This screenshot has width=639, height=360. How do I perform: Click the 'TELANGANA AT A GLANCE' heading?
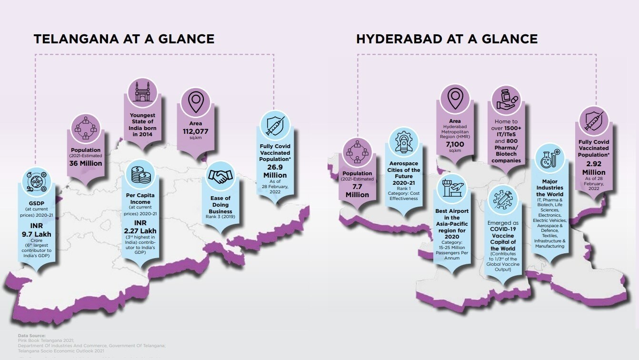(124, 39)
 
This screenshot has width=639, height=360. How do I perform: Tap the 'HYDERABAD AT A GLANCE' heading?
(447, 39)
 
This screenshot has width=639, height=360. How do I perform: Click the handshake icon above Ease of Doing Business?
(220, 177)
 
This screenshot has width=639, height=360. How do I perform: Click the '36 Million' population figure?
(86, 163)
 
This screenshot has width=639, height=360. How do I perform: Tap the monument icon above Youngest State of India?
(143, 90)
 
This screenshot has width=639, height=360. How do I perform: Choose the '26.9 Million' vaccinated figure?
(275, 171)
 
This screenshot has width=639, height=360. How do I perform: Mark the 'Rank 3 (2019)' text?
(220, 217)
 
